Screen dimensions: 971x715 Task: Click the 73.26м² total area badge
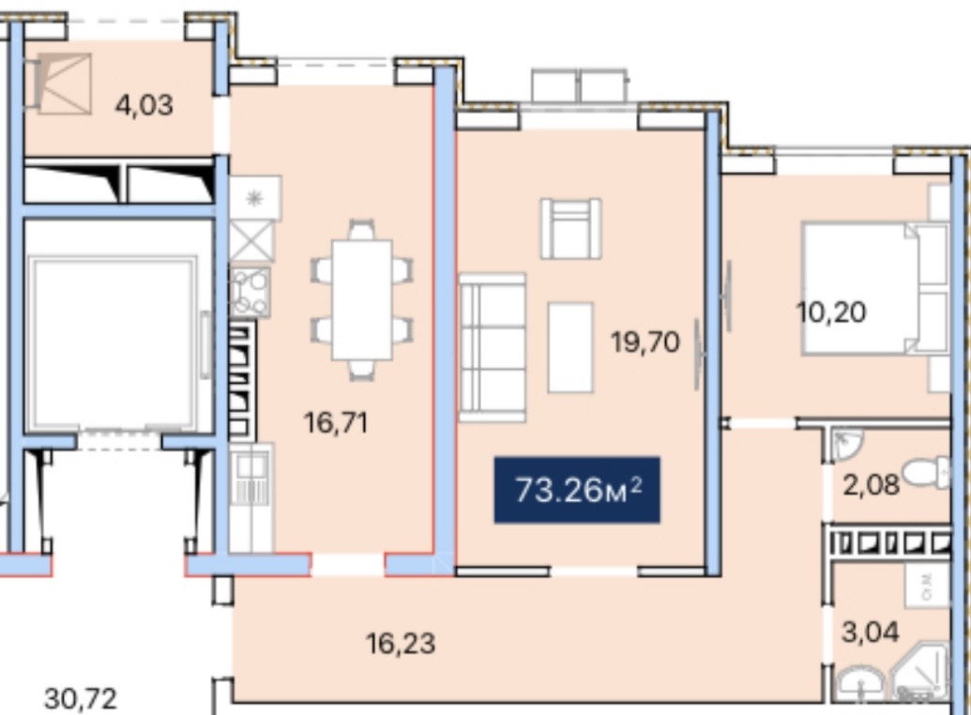point(577,490)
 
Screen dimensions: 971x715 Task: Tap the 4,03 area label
point(144,105)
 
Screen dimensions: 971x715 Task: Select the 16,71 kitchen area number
point(336,423)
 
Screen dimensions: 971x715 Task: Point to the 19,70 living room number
point(645,342)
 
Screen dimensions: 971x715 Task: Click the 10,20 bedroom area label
point(831,312)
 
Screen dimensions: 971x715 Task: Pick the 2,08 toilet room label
point(872,484)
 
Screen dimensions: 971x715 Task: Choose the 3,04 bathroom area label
point(870,632)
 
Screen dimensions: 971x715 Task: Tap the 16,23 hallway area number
point(402,644)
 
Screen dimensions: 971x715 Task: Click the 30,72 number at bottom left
point(81,699)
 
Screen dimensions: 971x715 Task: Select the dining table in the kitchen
point(362,300)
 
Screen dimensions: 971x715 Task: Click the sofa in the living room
point(493,347)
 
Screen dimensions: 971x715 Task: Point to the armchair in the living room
point(571,228)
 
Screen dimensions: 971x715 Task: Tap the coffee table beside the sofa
point(570,347)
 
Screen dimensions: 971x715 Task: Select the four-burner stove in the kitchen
point(250,291)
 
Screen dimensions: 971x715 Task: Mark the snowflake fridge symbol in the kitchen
point(255,198)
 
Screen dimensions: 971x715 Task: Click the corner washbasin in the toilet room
point(845,445)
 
